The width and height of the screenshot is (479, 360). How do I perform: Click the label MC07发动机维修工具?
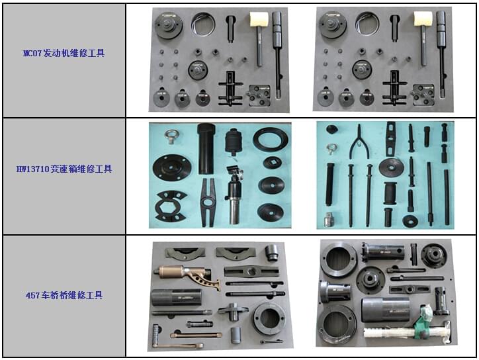(x=64, y=53)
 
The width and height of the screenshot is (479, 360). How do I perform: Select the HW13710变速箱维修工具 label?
(x=64, y=169)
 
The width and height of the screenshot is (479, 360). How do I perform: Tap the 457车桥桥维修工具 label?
(x=64, y=295)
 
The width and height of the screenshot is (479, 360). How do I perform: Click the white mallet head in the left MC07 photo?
(x=259, y=19)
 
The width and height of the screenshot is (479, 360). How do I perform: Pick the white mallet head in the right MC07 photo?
(x=423, y=19)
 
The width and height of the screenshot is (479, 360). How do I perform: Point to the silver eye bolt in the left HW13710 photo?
(x=171, y=136)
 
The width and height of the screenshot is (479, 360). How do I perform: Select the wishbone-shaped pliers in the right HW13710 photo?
(x=359, y=142)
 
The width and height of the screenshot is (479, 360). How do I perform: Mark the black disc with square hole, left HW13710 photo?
(x=272, y=162)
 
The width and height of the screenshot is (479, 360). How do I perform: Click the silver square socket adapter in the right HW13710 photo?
(x=329, y=219)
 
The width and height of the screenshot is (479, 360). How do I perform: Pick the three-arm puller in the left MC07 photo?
(x=231, y=89)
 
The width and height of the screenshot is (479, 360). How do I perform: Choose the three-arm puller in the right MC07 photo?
(x=395, y=88)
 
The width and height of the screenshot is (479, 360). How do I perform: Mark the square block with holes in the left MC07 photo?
(x=259, y=95)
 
